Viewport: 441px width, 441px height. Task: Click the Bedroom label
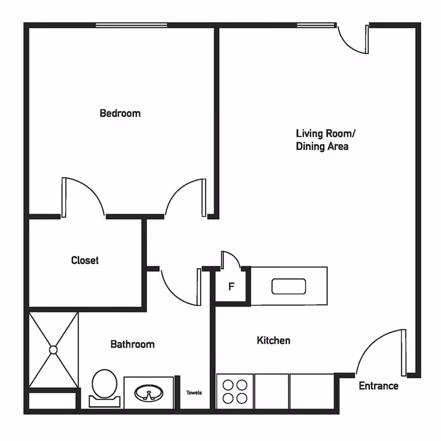tap(120, 113)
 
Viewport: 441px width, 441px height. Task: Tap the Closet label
tap(85, 260)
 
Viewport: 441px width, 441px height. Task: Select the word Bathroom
tap(132, 344)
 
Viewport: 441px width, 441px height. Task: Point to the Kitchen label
tap(273, 340)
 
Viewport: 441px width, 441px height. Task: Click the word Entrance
tap(379, 386)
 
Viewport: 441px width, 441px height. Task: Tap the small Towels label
tap(194, 393)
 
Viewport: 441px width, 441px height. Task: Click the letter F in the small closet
tap(231, 287)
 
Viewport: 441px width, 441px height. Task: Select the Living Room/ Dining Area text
tap(325, 140)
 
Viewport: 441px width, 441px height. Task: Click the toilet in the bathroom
tap(105, 388)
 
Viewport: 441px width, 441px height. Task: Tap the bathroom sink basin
tap(149, 393)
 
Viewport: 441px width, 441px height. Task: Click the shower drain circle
tap(53, 350)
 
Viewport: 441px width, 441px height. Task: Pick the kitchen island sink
tap(289, 286)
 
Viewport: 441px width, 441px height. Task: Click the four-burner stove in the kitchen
tap(235, 391)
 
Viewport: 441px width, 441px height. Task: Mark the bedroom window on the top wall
tap(132, 25)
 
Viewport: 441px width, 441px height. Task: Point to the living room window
tap(317, 25)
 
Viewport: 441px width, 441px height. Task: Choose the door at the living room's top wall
tap(353, 40)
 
